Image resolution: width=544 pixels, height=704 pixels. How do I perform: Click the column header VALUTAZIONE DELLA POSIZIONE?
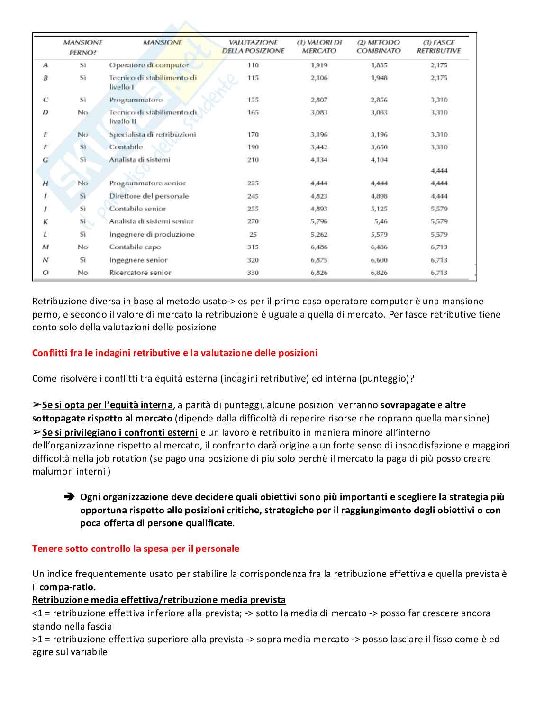(253, 46)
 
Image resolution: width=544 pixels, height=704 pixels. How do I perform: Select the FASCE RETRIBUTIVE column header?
(438, 46)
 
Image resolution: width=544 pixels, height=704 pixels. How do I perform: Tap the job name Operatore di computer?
(149, 65)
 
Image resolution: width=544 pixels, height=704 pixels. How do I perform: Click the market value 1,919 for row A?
(319, 65)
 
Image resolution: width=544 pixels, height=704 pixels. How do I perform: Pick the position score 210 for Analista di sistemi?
(253, 160)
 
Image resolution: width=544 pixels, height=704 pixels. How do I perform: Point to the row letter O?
(45, 273)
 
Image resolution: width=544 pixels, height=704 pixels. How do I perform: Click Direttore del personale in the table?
(149, 196)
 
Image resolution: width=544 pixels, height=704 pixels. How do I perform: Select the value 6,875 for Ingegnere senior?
(319, 260)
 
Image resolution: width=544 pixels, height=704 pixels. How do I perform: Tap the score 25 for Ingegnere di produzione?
(253, 234)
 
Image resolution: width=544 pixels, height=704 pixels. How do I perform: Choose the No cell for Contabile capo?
(83, 247)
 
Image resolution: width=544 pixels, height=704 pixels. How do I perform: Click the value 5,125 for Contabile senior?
(379, 209)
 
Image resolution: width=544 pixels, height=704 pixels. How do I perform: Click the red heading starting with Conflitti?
(175, 353)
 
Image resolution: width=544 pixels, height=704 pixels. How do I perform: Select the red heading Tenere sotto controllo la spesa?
(136, 549)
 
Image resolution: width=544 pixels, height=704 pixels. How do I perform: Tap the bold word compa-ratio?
(67, 587)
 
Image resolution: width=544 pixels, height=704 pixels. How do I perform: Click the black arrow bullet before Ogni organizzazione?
(69, 497)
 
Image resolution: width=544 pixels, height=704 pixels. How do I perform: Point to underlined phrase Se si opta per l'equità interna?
(107, 405)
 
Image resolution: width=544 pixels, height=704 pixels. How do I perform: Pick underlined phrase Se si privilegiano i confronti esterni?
(119, 432)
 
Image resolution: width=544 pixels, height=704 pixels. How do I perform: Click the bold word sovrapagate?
(408, 405)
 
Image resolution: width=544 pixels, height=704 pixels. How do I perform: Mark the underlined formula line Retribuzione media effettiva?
(159, 600)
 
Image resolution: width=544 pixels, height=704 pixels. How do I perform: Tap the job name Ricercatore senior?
(140, 273)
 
